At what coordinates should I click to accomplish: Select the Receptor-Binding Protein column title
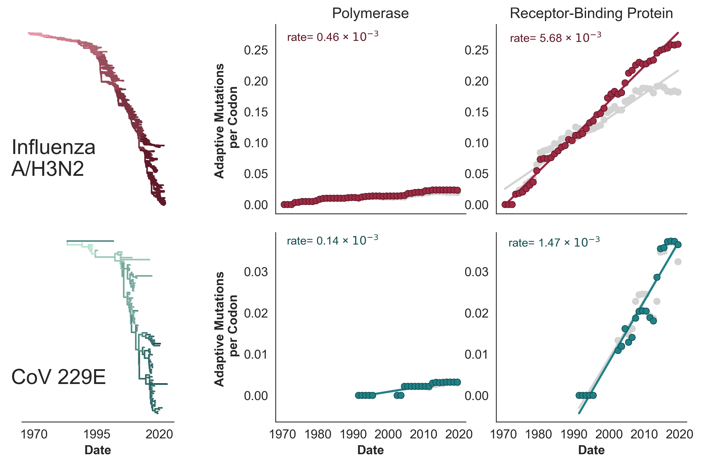[x=591, y=14]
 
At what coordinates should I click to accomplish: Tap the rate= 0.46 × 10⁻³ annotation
[x=333, y=37]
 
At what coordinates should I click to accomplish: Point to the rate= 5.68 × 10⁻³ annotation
[x=555, y=38]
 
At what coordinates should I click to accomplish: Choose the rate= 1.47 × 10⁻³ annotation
[x=554, y=242]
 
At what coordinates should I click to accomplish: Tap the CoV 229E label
[x=58, y=377]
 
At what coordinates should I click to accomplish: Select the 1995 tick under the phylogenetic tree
[x=97, y=434]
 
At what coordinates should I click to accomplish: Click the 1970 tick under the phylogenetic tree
[x=34, y=434]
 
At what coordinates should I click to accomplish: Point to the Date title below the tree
[x=98, y=450]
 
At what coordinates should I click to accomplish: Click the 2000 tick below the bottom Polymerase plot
[x=388, y=434]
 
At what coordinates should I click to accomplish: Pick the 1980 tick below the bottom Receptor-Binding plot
[x=538, y=434]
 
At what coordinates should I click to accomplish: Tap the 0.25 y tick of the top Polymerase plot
[x=256, y=50]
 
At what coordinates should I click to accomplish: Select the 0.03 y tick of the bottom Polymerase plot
[x=256, y=272]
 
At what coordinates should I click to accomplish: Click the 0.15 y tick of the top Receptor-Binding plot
[x=476, y=112]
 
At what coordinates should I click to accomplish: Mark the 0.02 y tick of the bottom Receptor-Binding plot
[x=476, y=313]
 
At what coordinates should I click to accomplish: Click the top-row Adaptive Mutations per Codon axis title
[x=226, y=121]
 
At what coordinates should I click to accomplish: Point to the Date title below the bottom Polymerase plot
[x=370, y=450]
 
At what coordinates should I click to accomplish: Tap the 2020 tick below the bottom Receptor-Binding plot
[x=680, y=434]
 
